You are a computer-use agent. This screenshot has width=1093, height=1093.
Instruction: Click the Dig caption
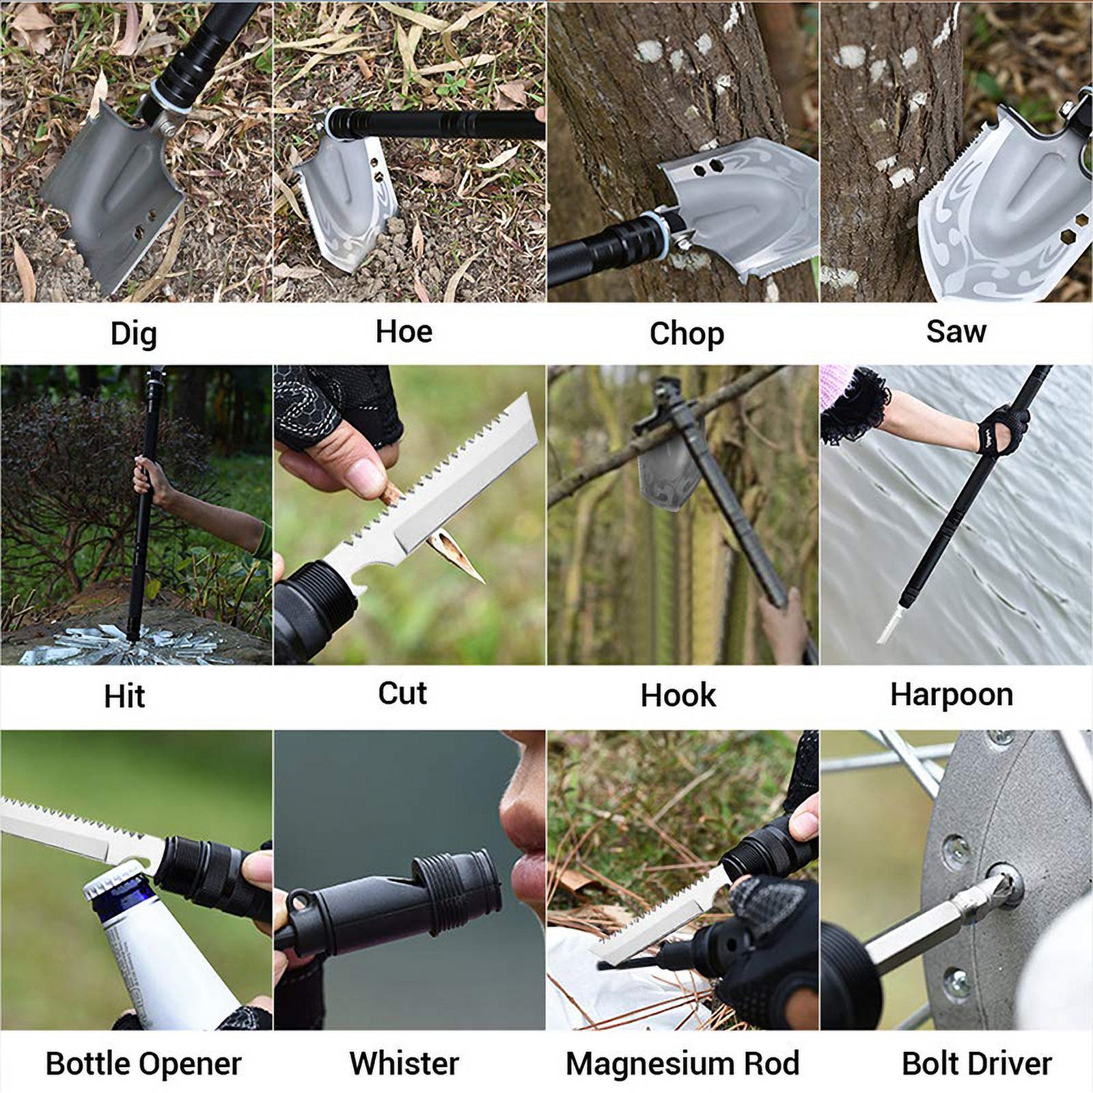point(134,334)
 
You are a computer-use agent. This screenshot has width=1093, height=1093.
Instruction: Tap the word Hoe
point(404,332)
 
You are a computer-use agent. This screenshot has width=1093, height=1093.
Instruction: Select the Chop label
point(687,334)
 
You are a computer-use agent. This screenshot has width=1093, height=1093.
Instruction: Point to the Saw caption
point(956,332)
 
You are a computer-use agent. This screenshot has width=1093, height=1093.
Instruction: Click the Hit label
point(124,696)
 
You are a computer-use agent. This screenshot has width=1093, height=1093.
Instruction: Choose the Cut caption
point(402,693)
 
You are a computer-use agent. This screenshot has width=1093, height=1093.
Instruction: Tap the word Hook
point(678,695)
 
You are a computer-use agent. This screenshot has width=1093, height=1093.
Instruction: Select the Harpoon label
point(951,695)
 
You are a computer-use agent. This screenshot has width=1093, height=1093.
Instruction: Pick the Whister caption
point(404,1063)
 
